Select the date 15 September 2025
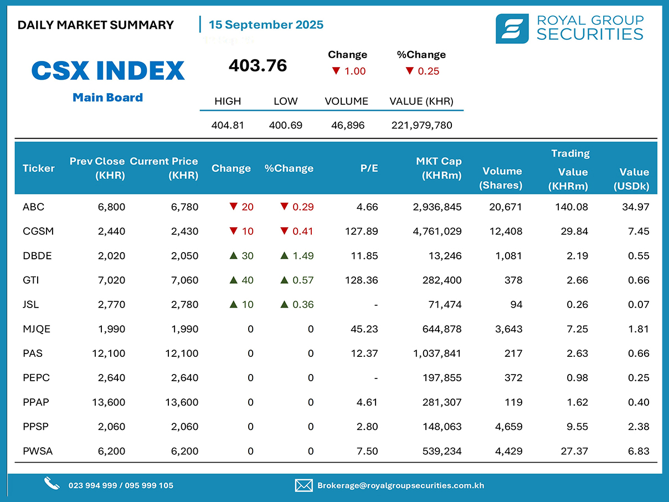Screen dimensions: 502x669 coord(266,25)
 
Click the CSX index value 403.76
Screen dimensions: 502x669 coord(258,66)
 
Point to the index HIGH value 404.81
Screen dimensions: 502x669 coord(228,125)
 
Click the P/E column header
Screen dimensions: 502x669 coord(369,168)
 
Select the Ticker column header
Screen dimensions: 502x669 coord(39,168)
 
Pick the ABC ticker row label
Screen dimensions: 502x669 coord(33,207)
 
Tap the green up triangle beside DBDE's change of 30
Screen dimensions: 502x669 coord(234,255)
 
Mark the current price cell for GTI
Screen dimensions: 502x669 coord(185,280)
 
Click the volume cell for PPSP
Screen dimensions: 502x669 coord(510,427)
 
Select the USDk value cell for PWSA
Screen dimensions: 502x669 coord(639,451)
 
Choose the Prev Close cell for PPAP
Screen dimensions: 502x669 coord(109,402)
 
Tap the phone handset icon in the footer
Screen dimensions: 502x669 coord(52,484)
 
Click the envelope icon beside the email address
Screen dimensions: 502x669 coord(303,485)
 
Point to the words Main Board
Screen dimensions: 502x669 coord(108,98)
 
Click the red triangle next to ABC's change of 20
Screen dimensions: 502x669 coord(234,207)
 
